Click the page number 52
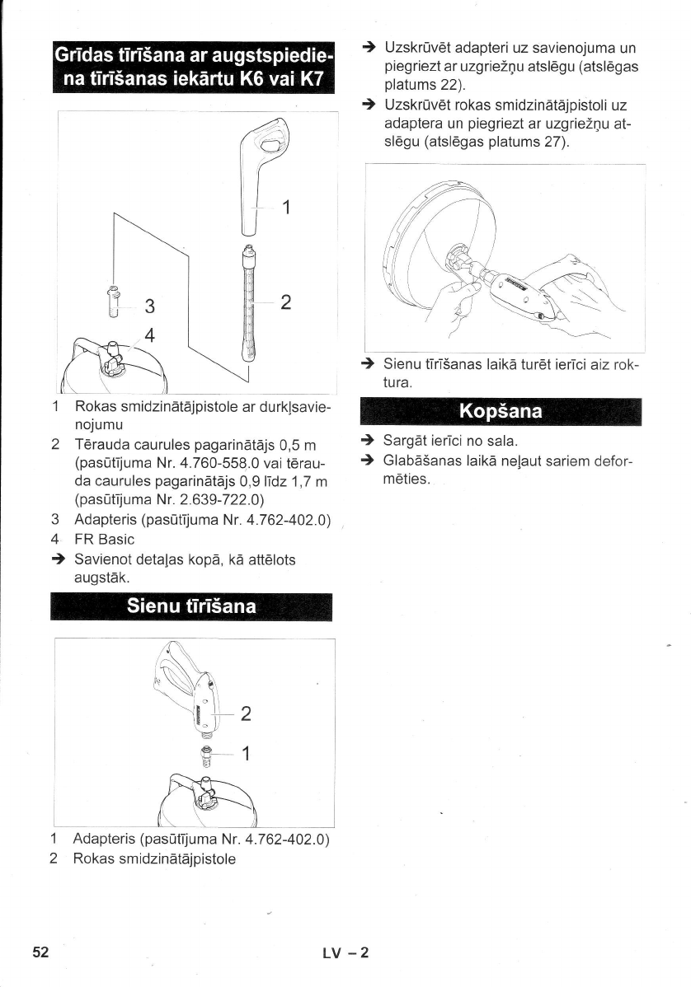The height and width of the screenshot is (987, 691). click(41, 952)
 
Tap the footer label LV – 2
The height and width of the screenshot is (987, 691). click(345, 953)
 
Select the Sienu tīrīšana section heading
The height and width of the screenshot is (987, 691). click(190, 607)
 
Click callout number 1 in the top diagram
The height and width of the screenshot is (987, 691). click(285, 206)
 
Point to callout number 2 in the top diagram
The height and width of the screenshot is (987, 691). click(285, 302)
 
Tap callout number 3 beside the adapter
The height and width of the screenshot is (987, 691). click(150, 306)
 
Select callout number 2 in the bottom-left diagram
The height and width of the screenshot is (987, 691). click(245, 713)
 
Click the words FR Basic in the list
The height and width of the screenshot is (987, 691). click(104, 540)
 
